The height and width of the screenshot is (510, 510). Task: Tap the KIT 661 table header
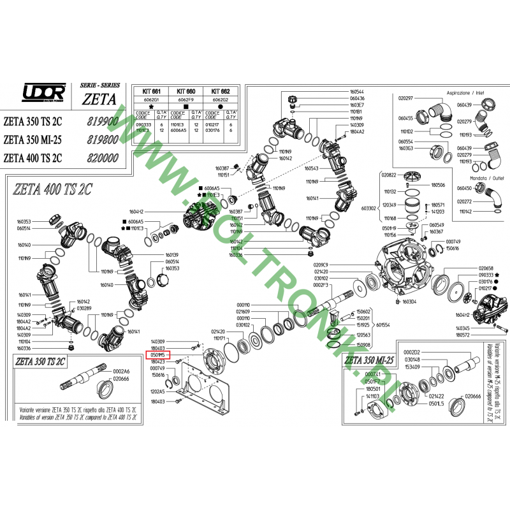tap(151, 92)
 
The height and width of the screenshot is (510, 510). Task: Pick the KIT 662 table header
tap(220, 92)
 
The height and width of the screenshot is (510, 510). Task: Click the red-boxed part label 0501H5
tap(157, 355)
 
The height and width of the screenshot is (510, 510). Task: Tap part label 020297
tap(406, 98)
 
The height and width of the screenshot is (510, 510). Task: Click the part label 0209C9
tap(321, 265)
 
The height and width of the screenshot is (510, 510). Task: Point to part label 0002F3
tap(321, 285)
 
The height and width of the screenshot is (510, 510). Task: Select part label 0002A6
tap(121, 371)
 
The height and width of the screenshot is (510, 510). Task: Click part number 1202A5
tap(157, 391)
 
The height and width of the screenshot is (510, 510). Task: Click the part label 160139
tap(154, 255)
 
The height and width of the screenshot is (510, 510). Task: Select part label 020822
tap(389, 174)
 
